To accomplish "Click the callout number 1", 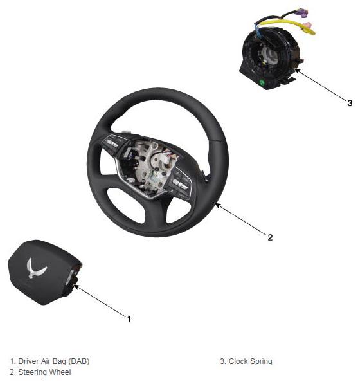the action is coord(129,319).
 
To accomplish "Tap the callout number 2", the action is coord(270,237).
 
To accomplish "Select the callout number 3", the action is coord(350,103).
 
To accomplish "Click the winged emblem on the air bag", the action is coord(36,268).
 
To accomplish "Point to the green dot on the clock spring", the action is coord(262,82).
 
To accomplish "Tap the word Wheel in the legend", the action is coord(60,372).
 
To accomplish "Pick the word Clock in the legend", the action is coord(238,361).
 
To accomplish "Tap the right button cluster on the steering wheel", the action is coord(179,183).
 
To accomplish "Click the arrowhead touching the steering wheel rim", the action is coord(217,205).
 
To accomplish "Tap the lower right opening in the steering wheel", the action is coord(178,210).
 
